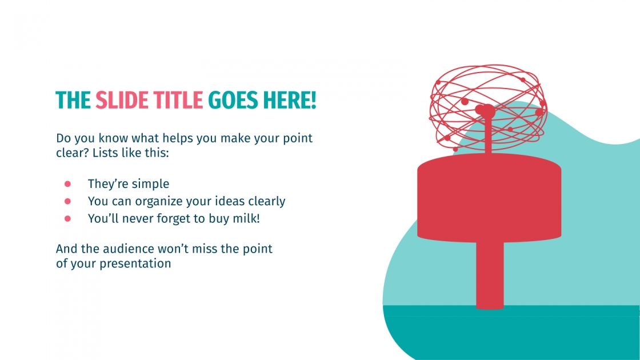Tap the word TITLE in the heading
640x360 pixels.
click(x=177, y=101)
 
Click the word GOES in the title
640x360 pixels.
click(x=233, y=101)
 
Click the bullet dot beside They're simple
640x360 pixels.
click(x=67, y=184)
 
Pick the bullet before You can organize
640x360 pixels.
click(x=67, y=201)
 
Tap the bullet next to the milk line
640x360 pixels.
click(x=67, y=218)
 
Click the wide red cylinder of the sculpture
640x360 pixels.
click(x=489, y=197)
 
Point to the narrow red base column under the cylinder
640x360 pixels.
click(x=490, y=274)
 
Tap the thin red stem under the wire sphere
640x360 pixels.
click(x=489, y=137)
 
